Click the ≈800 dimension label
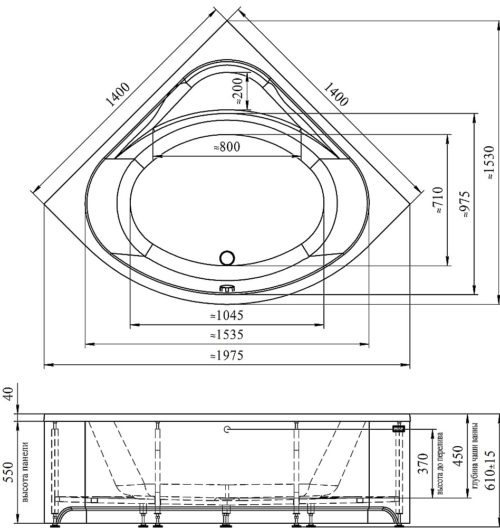point(227,147)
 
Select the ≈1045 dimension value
point(226,316)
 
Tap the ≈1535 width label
point(226,335)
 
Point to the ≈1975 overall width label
point(226,355)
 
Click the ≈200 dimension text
point(238,91)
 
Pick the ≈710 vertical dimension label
point(439,200)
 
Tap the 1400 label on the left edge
point(118,95)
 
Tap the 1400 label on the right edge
point(335,95)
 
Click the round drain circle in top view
point(227,258)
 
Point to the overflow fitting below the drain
point(227,288)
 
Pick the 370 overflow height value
point(424,464)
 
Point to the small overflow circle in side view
point(226,429)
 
